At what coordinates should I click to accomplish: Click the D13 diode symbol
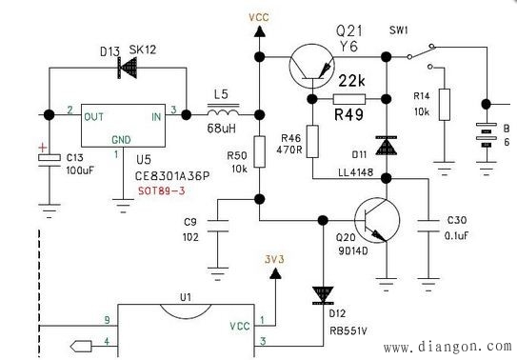[124, 67]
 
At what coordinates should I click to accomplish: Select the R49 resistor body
[350, 98]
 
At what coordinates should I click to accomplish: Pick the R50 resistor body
[258, 158]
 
